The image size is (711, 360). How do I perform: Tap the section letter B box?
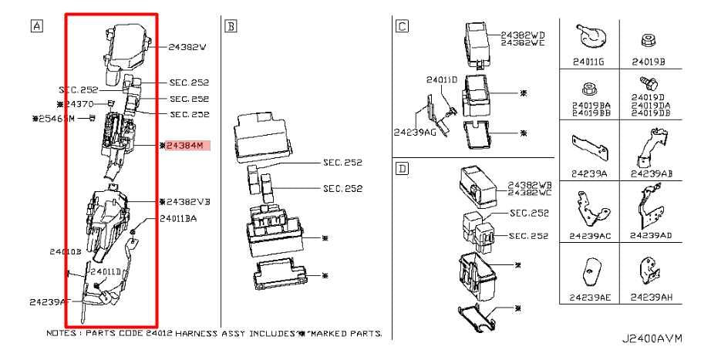click(x=230, y=25)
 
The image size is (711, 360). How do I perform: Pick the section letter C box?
click(x=401, y=25)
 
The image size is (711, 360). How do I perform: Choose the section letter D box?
click(x=401, y=167)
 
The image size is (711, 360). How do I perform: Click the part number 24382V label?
click(x=188, y=47)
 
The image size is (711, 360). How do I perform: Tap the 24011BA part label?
click(x=179, y=218)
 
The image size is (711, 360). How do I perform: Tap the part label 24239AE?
click(x=588, y=295)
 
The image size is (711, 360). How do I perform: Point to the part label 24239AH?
click(x=648, y=295)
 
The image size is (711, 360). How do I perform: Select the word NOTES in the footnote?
click(x=62, y=334)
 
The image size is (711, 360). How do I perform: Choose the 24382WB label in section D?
click(x=527, y=185)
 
